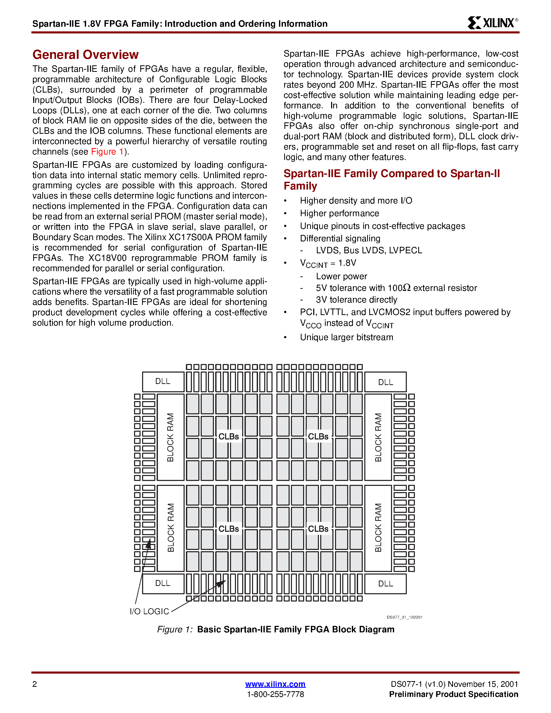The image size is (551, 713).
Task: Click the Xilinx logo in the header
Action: point(492,23)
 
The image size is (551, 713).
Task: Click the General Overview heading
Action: point(86,54)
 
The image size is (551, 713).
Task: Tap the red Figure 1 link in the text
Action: point(107,152)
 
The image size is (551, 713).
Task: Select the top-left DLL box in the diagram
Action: point(163,381)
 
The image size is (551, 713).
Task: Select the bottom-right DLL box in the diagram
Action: point(386,584)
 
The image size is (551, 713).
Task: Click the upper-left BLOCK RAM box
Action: point(170,437)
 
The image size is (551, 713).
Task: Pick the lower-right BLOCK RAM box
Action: point(378,528)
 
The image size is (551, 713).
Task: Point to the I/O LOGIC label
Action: point(149,611)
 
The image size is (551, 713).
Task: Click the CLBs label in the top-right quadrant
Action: point(318,436)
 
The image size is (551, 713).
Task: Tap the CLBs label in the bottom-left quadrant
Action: point(228,529)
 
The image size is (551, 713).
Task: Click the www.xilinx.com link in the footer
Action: point(275,684)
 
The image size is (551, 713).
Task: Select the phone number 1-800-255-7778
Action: point(275,694)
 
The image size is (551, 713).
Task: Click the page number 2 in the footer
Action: point(34,684)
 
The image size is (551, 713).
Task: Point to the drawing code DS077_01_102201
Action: point(404,617)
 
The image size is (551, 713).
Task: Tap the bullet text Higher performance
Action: point(339,213)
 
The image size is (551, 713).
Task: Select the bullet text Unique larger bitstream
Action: point(346,337)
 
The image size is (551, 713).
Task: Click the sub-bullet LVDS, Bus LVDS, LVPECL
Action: point(369,250)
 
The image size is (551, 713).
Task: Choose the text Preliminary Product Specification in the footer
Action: point(454,694)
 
